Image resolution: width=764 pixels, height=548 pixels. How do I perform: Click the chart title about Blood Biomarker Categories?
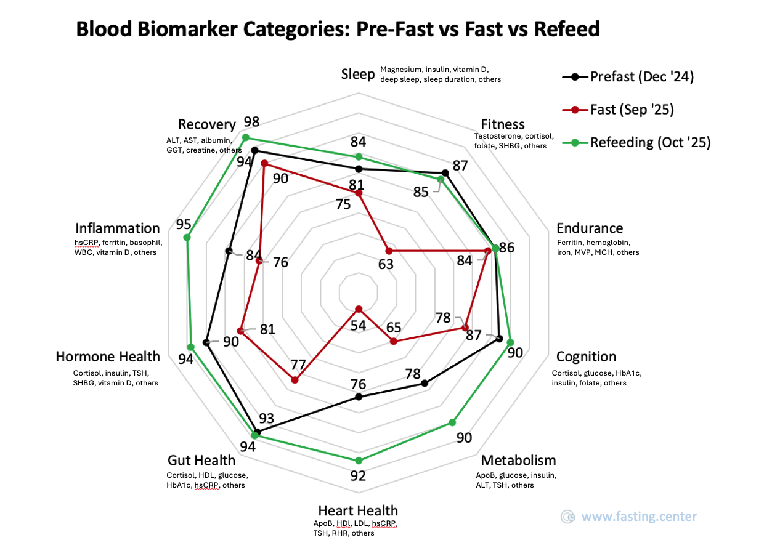coord(337,29)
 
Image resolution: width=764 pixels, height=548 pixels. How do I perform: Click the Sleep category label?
coord(358,75)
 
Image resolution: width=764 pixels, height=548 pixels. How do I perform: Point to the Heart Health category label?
coord(358,510)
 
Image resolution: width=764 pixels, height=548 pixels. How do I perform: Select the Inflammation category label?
coord(117,228)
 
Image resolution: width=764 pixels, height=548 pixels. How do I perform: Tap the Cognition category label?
coord(586,357)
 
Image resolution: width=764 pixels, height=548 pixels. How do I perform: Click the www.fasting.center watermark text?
coord(639,517)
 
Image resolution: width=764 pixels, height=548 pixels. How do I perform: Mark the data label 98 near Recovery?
coord(251,121)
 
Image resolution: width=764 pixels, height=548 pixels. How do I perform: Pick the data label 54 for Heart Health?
coord(359,325)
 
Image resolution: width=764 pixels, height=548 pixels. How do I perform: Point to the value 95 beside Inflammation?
coord(184,224)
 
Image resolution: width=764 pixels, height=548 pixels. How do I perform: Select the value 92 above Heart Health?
coord(358,475)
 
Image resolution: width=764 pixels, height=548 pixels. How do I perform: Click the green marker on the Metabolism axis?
coord(452,422)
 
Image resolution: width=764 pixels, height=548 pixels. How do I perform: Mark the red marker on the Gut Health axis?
coord(295,380)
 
